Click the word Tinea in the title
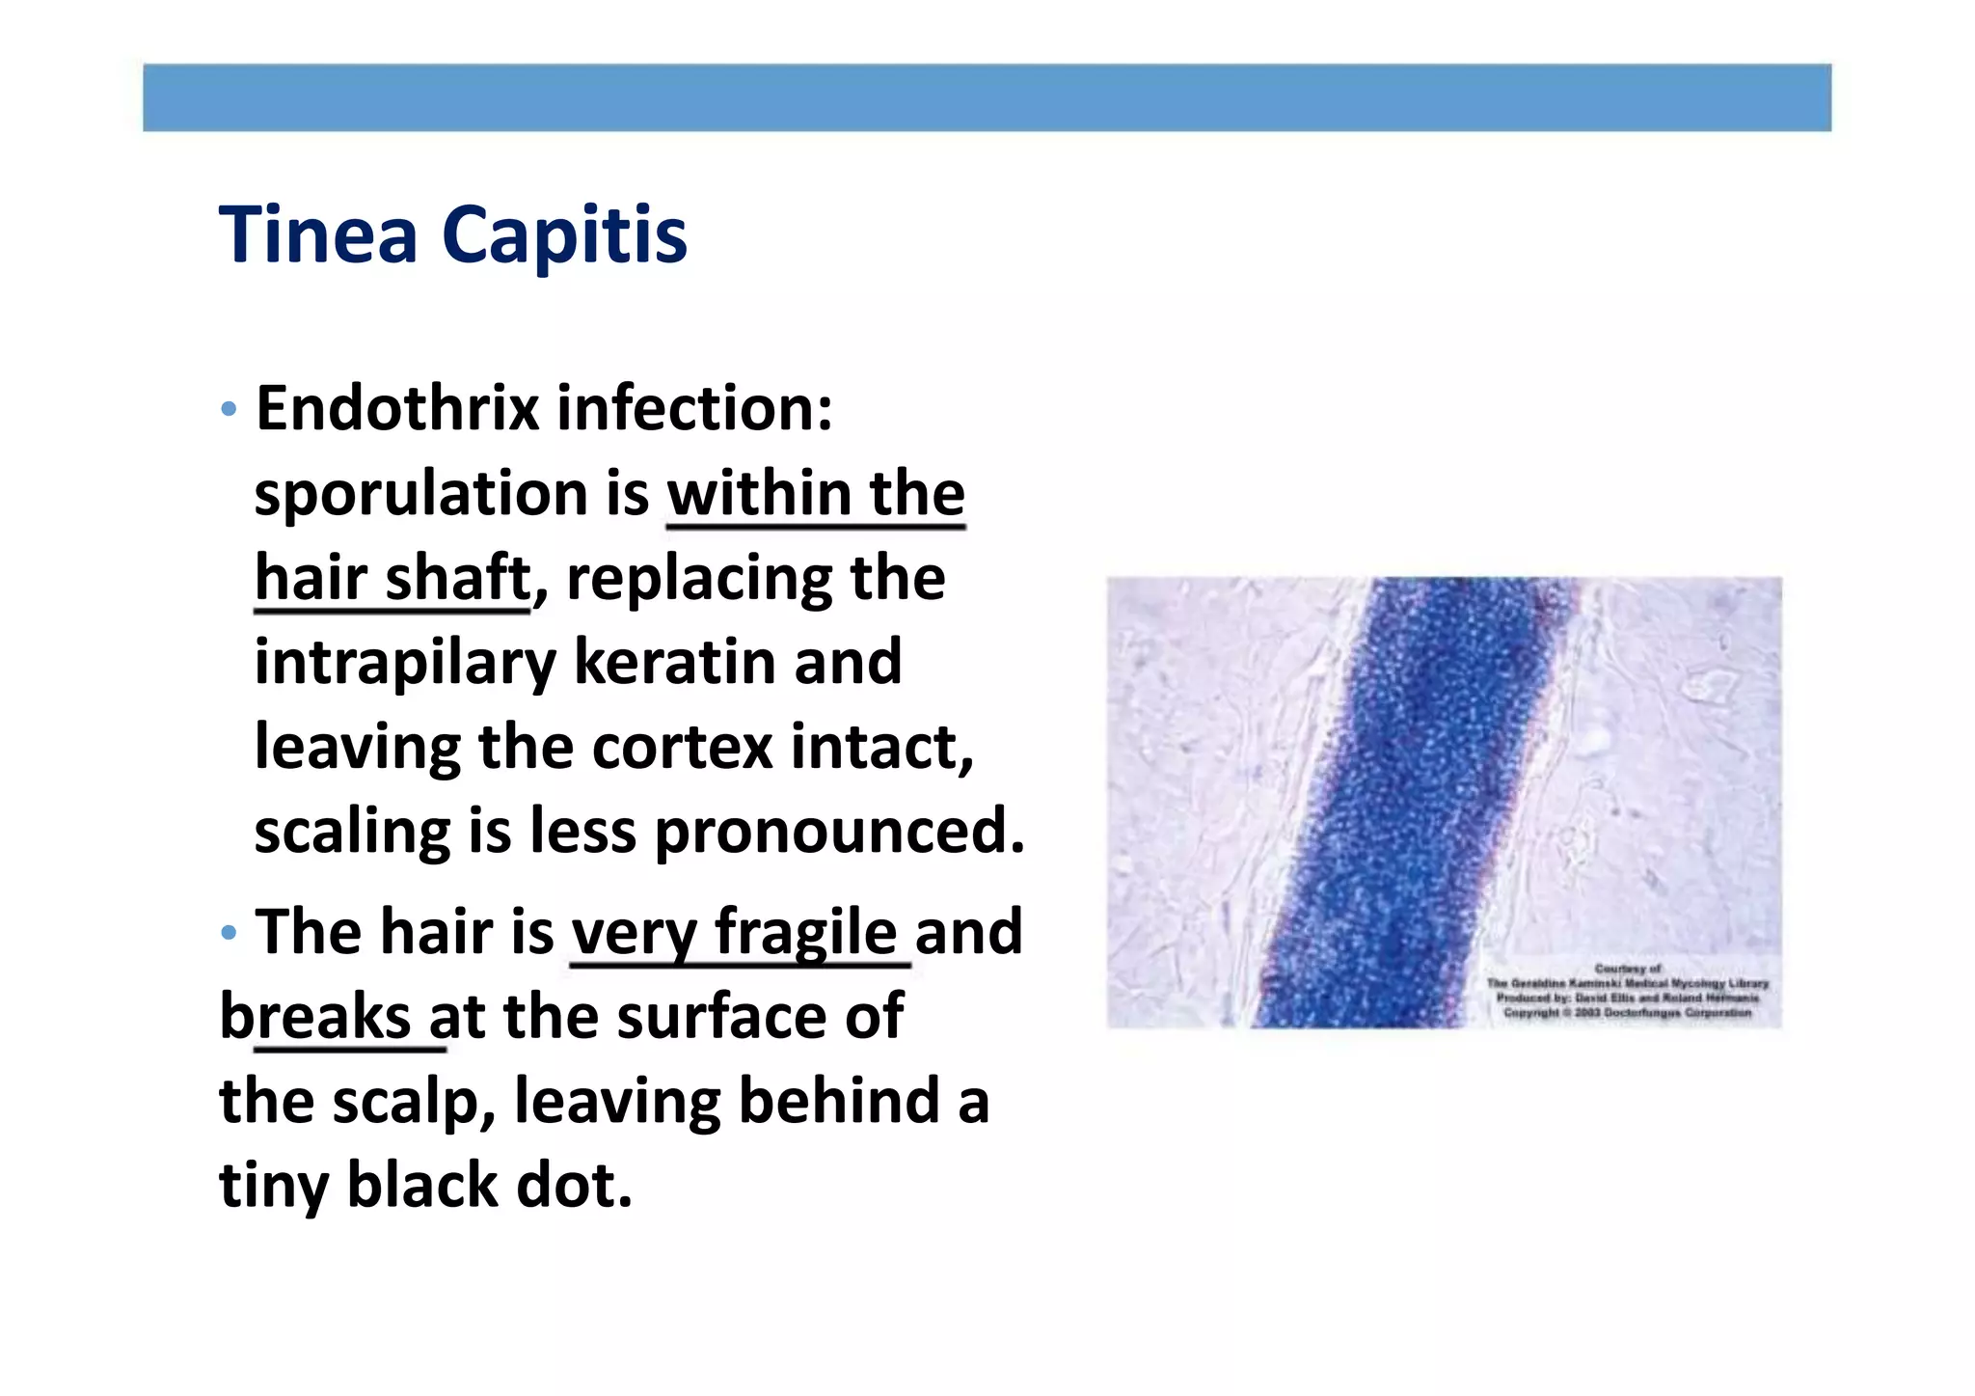pos(318,234)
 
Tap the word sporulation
pos(421,494)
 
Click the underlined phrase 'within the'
pos(816,494)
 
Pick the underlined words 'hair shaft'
pos(392,578)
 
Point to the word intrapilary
pos(405,663)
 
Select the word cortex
pos(682,747)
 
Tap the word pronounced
pos(839,831)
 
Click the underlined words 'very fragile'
pos(735,932)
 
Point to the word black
pos(422,1185)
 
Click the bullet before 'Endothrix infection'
pos(229,410)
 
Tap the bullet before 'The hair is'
pos(229,933)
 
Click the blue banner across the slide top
pos(987,97)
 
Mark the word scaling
pos(352,832)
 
